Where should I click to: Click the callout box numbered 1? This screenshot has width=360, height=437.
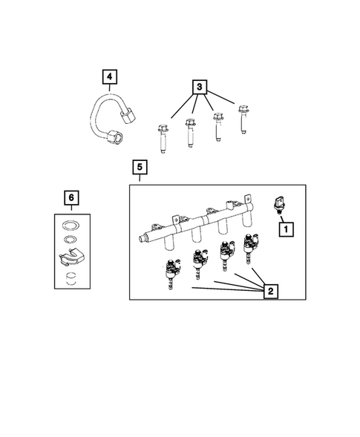pyautogui.click(x=285, y=230)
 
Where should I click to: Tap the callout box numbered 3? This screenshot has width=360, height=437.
pyautogui.click(x=198, y=88)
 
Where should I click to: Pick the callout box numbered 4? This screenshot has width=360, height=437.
pyautogui.click(x=109, y=76)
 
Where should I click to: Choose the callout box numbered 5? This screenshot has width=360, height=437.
pyautogui.click(x=139, y=168)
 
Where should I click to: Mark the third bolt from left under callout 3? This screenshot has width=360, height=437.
pyautogui.click(x=217, y=126)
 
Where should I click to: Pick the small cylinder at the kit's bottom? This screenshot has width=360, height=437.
pyautogui.click(x=71, y=278)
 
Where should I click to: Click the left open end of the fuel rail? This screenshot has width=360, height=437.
pyautogui.click(x=139, y=238)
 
